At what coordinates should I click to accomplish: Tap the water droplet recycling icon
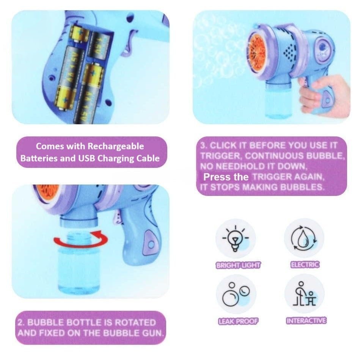coord(304,238)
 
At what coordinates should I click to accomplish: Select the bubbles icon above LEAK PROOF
coord(236,294)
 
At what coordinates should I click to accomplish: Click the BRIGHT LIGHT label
coord(238,265)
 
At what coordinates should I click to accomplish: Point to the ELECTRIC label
coord(305,264)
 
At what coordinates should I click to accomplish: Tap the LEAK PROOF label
coord(238,321)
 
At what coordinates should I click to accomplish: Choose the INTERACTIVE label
coord(306,321)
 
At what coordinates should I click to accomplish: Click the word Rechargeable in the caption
coord(116,146)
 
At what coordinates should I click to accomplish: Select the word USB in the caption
coord(87,158)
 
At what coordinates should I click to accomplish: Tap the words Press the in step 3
coord(226,177)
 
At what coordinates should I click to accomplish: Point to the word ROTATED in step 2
coord(135,322)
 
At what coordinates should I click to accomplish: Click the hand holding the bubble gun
coord(323,94)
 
